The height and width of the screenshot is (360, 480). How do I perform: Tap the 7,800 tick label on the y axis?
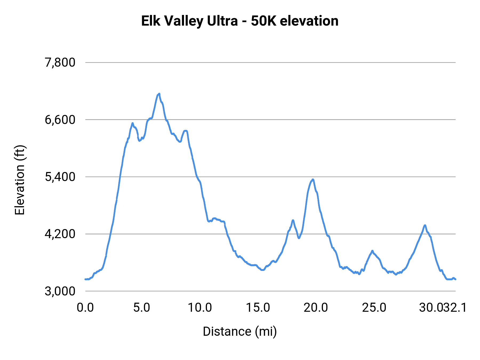(60, 62)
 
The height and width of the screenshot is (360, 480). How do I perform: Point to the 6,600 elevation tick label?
(60, 120)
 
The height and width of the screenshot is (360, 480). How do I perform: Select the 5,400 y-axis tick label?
(60, 177)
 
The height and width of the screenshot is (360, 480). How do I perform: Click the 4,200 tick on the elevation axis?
(60, 234)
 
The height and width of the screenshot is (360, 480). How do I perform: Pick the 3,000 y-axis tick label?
(60, 291)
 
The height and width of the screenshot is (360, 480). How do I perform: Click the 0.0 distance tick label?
(85, 307)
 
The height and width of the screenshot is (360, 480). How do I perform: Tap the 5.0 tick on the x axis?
(142, 307)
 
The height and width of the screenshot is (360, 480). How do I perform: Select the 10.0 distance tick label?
(200, 307)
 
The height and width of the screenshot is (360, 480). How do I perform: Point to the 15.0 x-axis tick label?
(258, 307)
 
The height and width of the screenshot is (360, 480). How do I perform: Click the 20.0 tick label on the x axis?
(316, 307)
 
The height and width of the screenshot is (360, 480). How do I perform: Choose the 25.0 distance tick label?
(374, 307)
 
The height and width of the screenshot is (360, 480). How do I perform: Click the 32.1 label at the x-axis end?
(455, 307)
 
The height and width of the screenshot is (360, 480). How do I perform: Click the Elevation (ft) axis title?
(20, 180)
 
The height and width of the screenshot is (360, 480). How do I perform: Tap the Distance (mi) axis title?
(239, 331)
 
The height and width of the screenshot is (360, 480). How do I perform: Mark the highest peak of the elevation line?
(159, 94)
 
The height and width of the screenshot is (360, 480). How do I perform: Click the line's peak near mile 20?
(313, 179)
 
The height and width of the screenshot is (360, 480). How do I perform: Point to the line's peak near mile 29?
(425, 225)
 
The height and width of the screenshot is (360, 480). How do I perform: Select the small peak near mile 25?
(372, 251)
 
